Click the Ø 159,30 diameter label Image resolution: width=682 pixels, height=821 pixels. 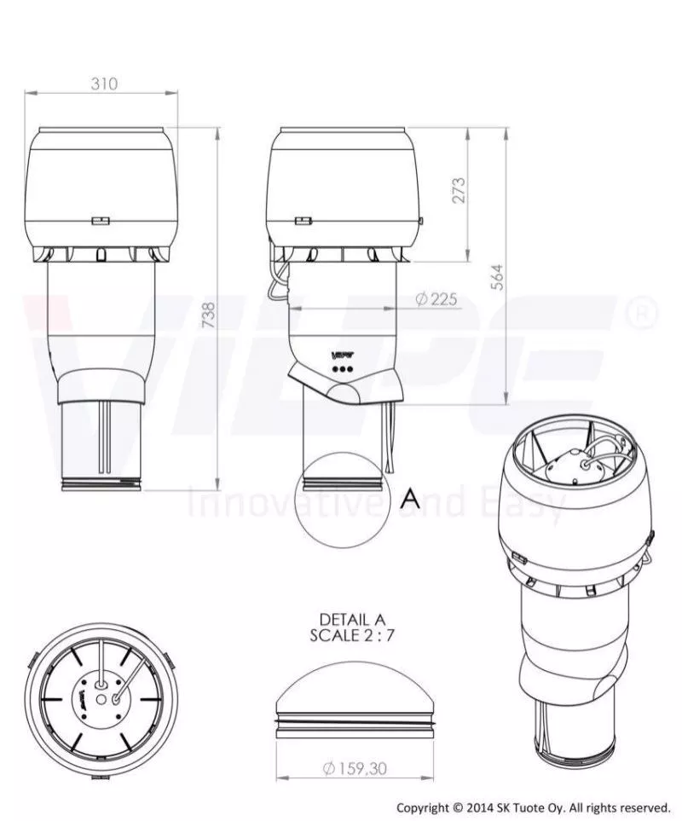pyautogui.click(x=355, y=768)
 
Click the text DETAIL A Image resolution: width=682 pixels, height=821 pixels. pyautogui.click(x=352, y=619)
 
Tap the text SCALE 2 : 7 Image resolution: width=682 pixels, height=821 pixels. pyautogui.click(x=352, y=634)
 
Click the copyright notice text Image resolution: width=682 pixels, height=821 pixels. pyautogui.click(x=533, y=807)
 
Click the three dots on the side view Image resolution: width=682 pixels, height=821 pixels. pyautogui.click(x=342, y=369)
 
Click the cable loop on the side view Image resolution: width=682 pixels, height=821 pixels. pyautogui.click(x=275, y=284)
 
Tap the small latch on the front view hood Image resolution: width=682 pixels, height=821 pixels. pyautogui.click(x=101, y=221)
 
